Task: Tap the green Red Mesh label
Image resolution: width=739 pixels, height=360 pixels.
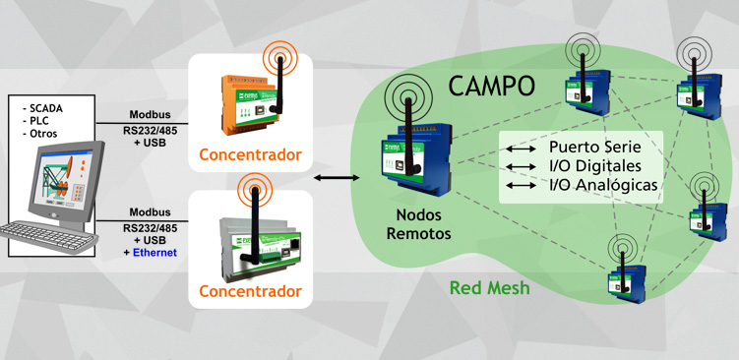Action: [489, 288]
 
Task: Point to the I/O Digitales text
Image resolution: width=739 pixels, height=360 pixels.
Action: [595, 165]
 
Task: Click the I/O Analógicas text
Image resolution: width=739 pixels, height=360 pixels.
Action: [603, 184]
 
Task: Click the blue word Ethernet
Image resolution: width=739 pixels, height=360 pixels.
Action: [150, 253]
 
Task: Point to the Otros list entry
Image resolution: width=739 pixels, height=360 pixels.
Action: [39, 133]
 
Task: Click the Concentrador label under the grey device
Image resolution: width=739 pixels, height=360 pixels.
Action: [250, 292]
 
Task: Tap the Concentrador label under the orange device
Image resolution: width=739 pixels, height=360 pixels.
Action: [250, 154]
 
